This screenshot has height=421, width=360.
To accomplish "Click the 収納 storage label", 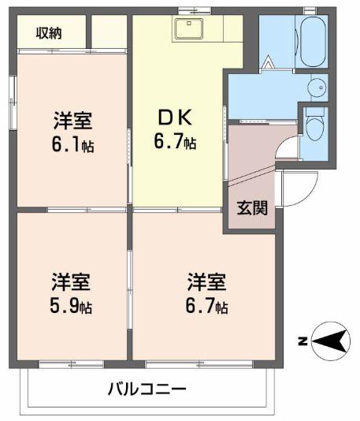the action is [49, 33].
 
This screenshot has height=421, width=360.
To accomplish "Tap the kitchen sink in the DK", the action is [189, 28].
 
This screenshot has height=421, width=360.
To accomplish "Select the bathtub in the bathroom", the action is [313, 41].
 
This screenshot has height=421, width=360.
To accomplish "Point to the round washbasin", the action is [317, 87].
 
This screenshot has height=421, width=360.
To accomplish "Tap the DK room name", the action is [175, 117].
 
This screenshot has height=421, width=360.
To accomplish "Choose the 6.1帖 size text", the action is [72, 146].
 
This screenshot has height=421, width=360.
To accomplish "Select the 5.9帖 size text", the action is [71, 307].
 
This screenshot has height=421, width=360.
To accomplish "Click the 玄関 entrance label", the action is [252, 208].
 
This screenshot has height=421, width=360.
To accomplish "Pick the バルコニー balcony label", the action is [147, 389].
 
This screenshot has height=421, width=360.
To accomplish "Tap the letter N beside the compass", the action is [302, 341].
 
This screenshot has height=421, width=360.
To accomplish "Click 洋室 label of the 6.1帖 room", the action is [72, 121].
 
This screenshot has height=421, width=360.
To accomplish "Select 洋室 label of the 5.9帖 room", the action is [71, 282].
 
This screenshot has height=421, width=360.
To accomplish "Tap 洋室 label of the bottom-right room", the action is [207, 282].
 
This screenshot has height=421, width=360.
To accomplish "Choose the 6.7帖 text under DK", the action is [175, 141].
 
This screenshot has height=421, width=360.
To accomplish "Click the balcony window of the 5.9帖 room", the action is [71, 364].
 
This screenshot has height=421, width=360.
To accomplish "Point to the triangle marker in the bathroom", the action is [269, 61].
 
